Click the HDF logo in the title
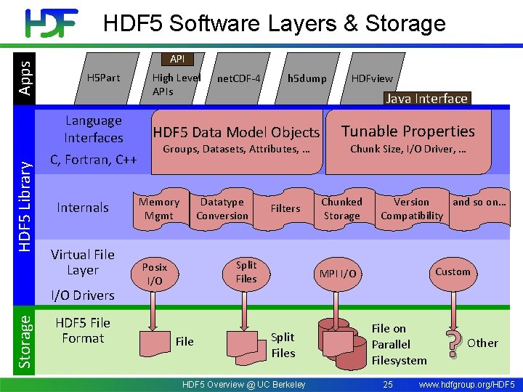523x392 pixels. coord(52,23)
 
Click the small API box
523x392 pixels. coord(177,59)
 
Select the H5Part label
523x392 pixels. coord(103,78)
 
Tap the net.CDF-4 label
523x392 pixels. coord(239,78)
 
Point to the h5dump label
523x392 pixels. coord(307,78)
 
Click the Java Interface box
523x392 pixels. coord(426,99)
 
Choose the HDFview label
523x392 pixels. coord(372,78)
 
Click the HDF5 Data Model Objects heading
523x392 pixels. coord(236,132)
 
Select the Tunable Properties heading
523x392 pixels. coord(408,131)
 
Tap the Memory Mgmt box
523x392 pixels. coord(159,209)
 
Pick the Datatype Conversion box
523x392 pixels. coord(222,209)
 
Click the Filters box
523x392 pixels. coord(285,208)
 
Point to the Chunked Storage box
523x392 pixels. coord(341,209)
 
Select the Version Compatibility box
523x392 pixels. coord(412,209)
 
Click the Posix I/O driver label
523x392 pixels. coord(155,274)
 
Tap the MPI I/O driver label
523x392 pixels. coord(338,274)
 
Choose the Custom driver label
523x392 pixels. coord(453,271)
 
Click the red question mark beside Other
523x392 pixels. coord(453,345)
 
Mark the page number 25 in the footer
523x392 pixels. coord(387,384)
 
